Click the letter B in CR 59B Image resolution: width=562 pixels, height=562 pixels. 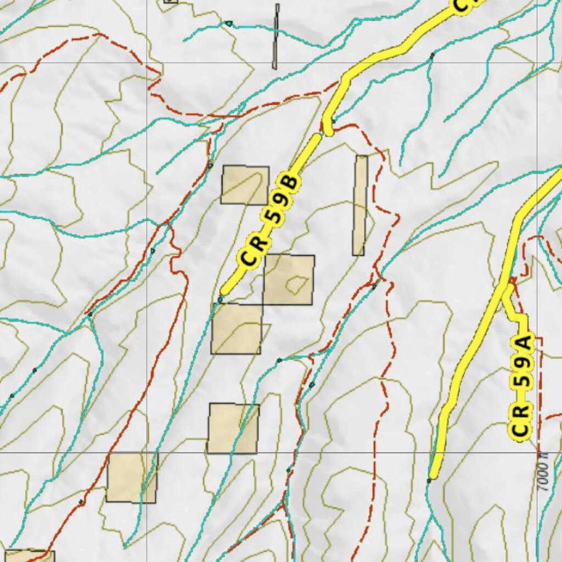coord(289,182)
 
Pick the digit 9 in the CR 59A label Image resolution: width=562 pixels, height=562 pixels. coord(522,378)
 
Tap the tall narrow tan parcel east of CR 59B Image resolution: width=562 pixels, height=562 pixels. coord(360,205)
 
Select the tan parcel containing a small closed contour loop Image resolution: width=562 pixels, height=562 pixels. coord(289,279)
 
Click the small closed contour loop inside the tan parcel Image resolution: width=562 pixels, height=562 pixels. coord(296,284)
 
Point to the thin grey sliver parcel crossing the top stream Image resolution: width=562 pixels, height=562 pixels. coord(276,36)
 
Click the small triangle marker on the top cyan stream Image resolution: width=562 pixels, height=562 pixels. coord(229,24)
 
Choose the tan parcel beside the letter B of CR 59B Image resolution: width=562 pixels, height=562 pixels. coord(245,185)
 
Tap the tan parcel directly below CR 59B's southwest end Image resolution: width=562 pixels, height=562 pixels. coord(237,328)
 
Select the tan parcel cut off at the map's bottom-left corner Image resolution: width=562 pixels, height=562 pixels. coord(27,555)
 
